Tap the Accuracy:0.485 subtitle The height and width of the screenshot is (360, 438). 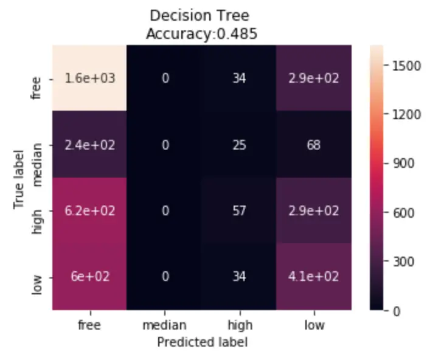(x=201, y=34)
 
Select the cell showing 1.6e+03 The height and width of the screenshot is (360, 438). (x=89, y=79)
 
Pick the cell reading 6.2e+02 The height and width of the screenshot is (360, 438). (x=89, y=211)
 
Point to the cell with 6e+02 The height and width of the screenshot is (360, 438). (x=89, y=277)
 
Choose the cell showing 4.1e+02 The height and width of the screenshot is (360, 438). (x=315, y=277)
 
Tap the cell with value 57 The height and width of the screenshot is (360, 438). (x=240, y=211)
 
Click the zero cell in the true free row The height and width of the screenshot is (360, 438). (x=164, y=79)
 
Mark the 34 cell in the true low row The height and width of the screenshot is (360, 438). (x=240, y=277)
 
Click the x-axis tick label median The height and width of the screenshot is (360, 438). (x=164, y=325)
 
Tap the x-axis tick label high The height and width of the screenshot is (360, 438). (x=240, y=325)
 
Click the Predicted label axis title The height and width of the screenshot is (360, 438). (x=202, y=342)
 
